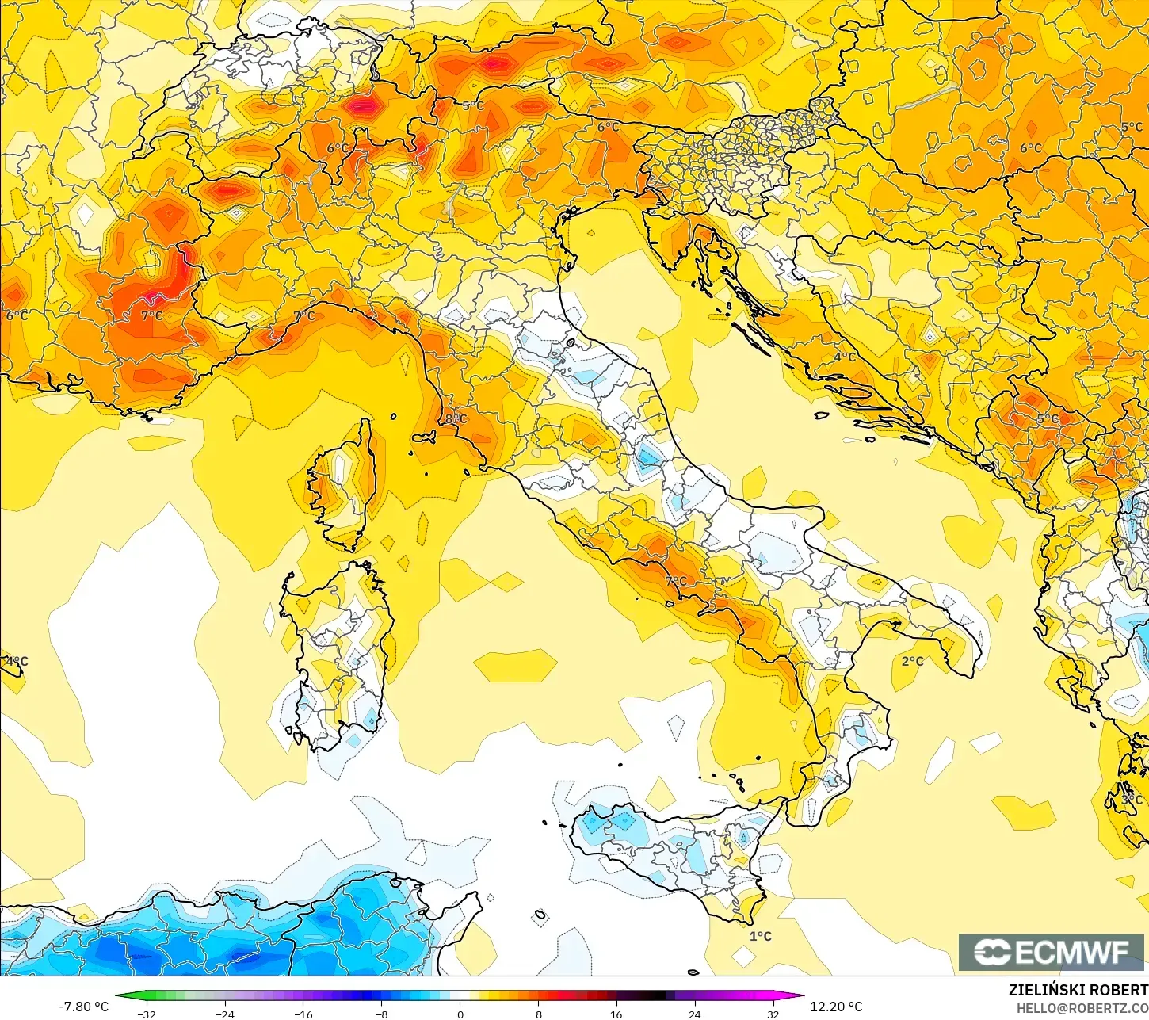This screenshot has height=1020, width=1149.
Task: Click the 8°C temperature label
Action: [456, 418]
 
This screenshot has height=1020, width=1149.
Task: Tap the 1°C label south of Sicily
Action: [760, 936]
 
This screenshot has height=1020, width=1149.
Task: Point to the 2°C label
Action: [912, 661]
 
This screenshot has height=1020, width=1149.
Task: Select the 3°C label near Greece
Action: [1132, 800]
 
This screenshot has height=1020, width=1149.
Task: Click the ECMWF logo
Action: [1052, 952]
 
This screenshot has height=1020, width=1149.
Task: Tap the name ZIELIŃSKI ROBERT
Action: [1078, 990]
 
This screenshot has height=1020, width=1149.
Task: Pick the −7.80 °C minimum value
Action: [83, 1007]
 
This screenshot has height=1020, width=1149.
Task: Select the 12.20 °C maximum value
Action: [836, 1007]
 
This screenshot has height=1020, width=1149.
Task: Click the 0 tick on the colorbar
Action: [460, 1014]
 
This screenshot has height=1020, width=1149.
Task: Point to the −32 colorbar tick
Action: [147, 1014]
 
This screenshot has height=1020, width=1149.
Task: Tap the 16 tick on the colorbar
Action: [616, 1014]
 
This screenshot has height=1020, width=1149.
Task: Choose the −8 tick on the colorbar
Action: [381, 1014]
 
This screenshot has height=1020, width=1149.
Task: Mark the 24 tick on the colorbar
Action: [695, 1014]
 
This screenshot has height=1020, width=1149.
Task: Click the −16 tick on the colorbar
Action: [303, 1014]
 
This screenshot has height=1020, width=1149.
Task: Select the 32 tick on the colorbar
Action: [773, 1014]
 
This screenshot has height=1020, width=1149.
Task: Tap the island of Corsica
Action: [342, 483]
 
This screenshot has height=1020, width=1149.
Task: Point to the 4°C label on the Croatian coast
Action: [845, 357]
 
